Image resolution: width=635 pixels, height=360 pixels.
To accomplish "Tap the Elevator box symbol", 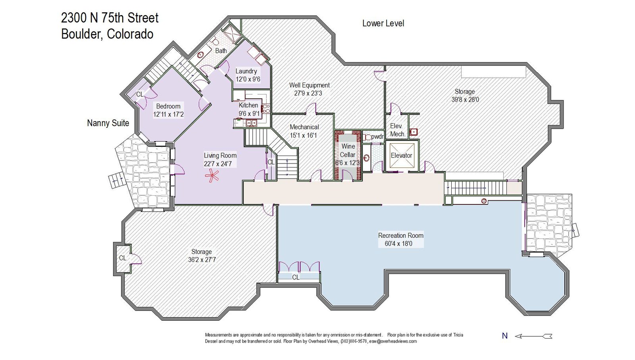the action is click(x=401, y=156).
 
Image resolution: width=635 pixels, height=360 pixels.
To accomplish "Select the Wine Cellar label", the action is click(x=348, y=150).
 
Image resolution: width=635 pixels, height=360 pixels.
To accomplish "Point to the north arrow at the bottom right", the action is click(x=533, y=336).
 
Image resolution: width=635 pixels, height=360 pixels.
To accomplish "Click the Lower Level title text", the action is click(x=383, y=23).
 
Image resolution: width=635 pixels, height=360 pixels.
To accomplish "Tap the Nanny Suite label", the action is click(x=108, y=123).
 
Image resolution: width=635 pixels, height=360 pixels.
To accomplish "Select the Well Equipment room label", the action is click(x=309, y=85).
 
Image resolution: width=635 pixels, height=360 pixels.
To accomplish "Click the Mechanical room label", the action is click(x=304, y=127).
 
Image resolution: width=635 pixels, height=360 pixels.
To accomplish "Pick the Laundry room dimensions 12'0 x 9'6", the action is click(x=248, y=79).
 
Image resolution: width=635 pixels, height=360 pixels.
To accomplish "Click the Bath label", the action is click(x=221, y=51).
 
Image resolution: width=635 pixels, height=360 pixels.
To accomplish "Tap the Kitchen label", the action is click(x=248, y=105).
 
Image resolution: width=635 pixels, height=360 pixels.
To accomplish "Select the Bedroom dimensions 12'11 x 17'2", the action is click(x=168, y=115).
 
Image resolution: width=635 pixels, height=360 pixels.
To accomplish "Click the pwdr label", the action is click(x=377, y=137).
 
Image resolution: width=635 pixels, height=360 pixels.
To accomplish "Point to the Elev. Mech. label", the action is click(x=397, y=130).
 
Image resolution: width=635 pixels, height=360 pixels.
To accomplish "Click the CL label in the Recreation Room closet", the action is click(x=296, y=277).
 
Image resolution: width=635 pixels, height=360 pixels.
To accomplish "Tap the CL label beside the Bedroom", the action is click(x=140, y=94).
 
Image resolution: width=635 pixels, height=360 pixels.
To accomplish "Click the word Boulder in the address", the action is click(x=82, y=34).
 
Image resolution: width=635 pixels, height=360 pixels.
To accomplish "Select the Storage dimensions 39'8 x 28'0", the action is click(x=465, y=100).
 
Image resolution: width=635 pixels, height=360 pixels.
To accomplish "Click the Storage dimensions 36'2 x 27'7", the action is click(x=202, y=260).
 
